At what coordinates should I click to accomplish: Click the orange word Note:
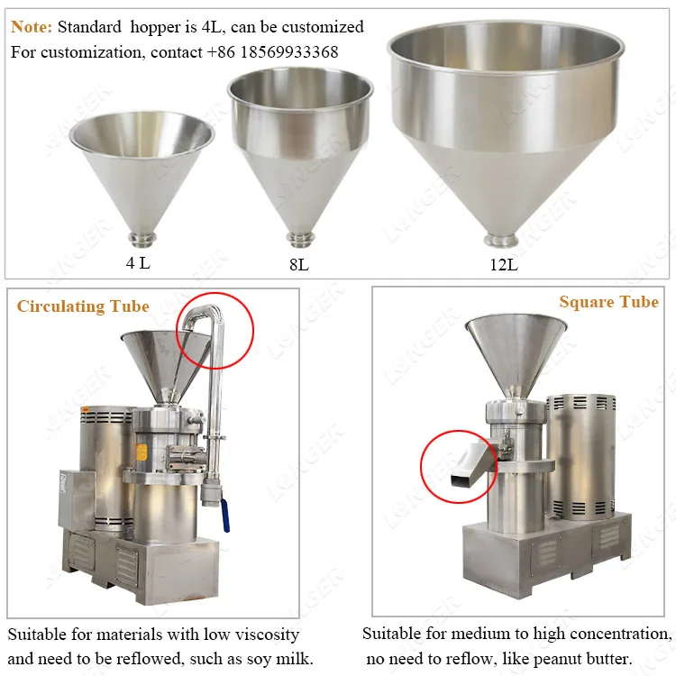(32, 27)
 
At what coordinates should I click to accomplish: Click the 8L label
(298, 266)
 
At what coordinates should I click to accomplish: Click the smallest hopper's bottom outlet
(142, 238)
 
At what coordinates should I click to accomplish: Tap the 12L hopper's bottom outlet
(500, 240)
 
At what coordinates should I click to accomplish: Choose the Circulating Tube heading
(83, 306)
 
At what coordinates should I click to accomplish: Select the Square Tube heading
(608, 302)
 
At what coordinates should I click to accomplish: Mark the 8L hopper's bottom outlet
(298, 238)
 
